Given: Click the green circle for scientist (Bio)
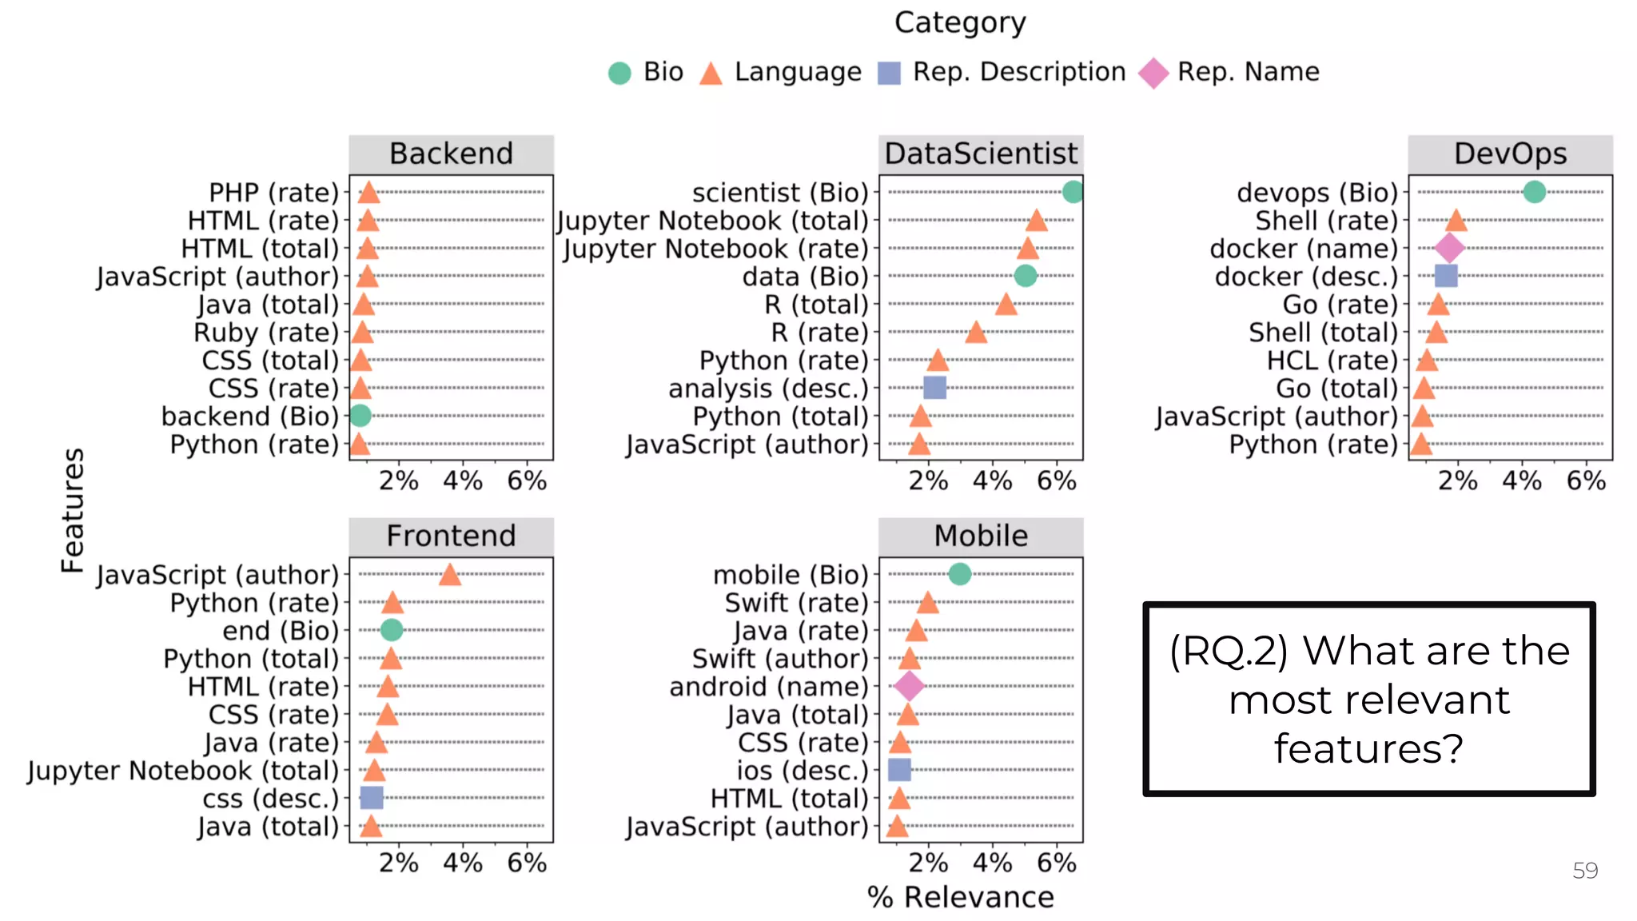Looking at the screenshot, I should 1073,192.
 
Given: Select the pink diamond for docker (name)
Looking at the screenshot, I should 1449,248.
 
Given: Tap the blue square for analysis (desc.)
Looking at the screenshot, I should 934,388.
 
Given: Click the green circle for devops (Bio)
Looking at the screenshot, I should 1534,192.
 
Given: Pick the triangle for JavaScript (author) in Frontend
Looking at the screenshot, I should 449,575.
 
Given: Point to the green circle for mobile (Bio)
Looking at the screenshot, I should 959,574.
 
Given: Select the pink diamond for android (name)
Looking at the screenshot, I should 909,686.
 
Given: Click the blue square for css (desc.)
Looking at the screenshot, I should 372,798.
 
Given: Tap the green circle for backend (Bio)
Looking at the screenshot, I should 360,416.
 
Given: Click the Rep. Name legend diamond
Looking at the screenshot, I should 1153,74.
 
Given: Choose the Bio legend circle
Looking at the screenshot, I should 619,74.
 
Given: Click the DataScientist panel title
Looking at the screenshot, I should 981,153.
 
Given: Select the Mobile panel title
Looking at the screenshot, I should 981,536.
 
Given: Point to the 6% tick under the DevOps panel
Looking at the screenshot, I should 1586,480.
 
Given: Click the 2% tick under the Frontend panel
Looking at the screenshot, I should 399,863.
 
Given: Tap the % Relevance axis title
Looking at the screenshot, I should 960,897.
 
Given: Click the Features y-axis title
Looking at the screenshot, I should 73,510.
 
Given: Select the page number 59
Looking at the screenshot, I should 1585,871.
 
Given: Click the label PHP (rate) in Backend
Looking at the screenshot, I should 274,193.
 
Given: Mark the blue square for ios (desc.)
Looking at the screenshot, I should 899,770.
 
